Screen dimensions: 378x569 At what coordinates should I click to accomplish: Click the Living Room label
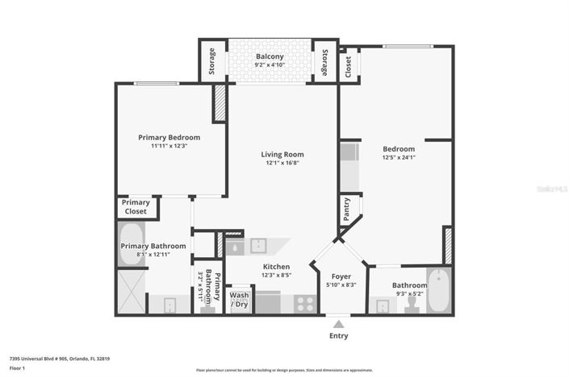click(282, 154)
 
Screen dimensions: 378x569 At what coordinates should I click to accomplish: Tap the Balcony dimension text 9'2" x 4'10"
click(270, 65)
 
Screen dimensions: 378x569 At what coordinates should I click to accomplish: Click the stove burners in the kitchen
click(305, 304)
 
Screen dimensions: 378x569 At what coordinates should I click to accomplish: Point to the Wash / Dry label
click(240, 300)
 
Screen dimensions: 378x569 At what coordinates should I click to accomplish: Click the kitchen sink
click(259, 245)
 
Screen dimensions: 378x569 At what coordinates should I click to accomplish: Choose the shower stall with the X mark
click(131, 292)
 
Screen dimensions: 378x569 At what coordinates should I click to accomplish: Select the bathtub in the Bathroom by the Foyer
click(438, 291)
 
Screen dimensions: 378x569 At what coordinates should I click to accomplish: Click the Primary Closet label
click(136, 207)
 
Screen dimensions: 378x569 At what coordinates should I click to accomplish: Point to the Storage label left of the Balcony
click(212, 61)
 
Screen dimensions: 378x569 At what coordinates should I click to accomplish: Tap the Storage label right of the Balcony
click(324, 61)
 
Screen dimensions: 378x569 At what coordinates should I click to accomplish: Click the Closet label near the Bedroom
click(348, 65)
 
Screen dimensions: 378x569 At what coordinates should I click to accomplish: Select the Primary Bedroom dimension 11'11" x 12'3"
click(169, 146)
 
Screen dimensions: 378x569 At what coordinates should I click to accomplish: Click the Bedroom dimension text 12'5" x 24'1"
click(398, 157)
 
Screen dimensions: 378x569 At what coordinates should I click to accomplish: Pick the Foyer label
click(341, 276)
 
